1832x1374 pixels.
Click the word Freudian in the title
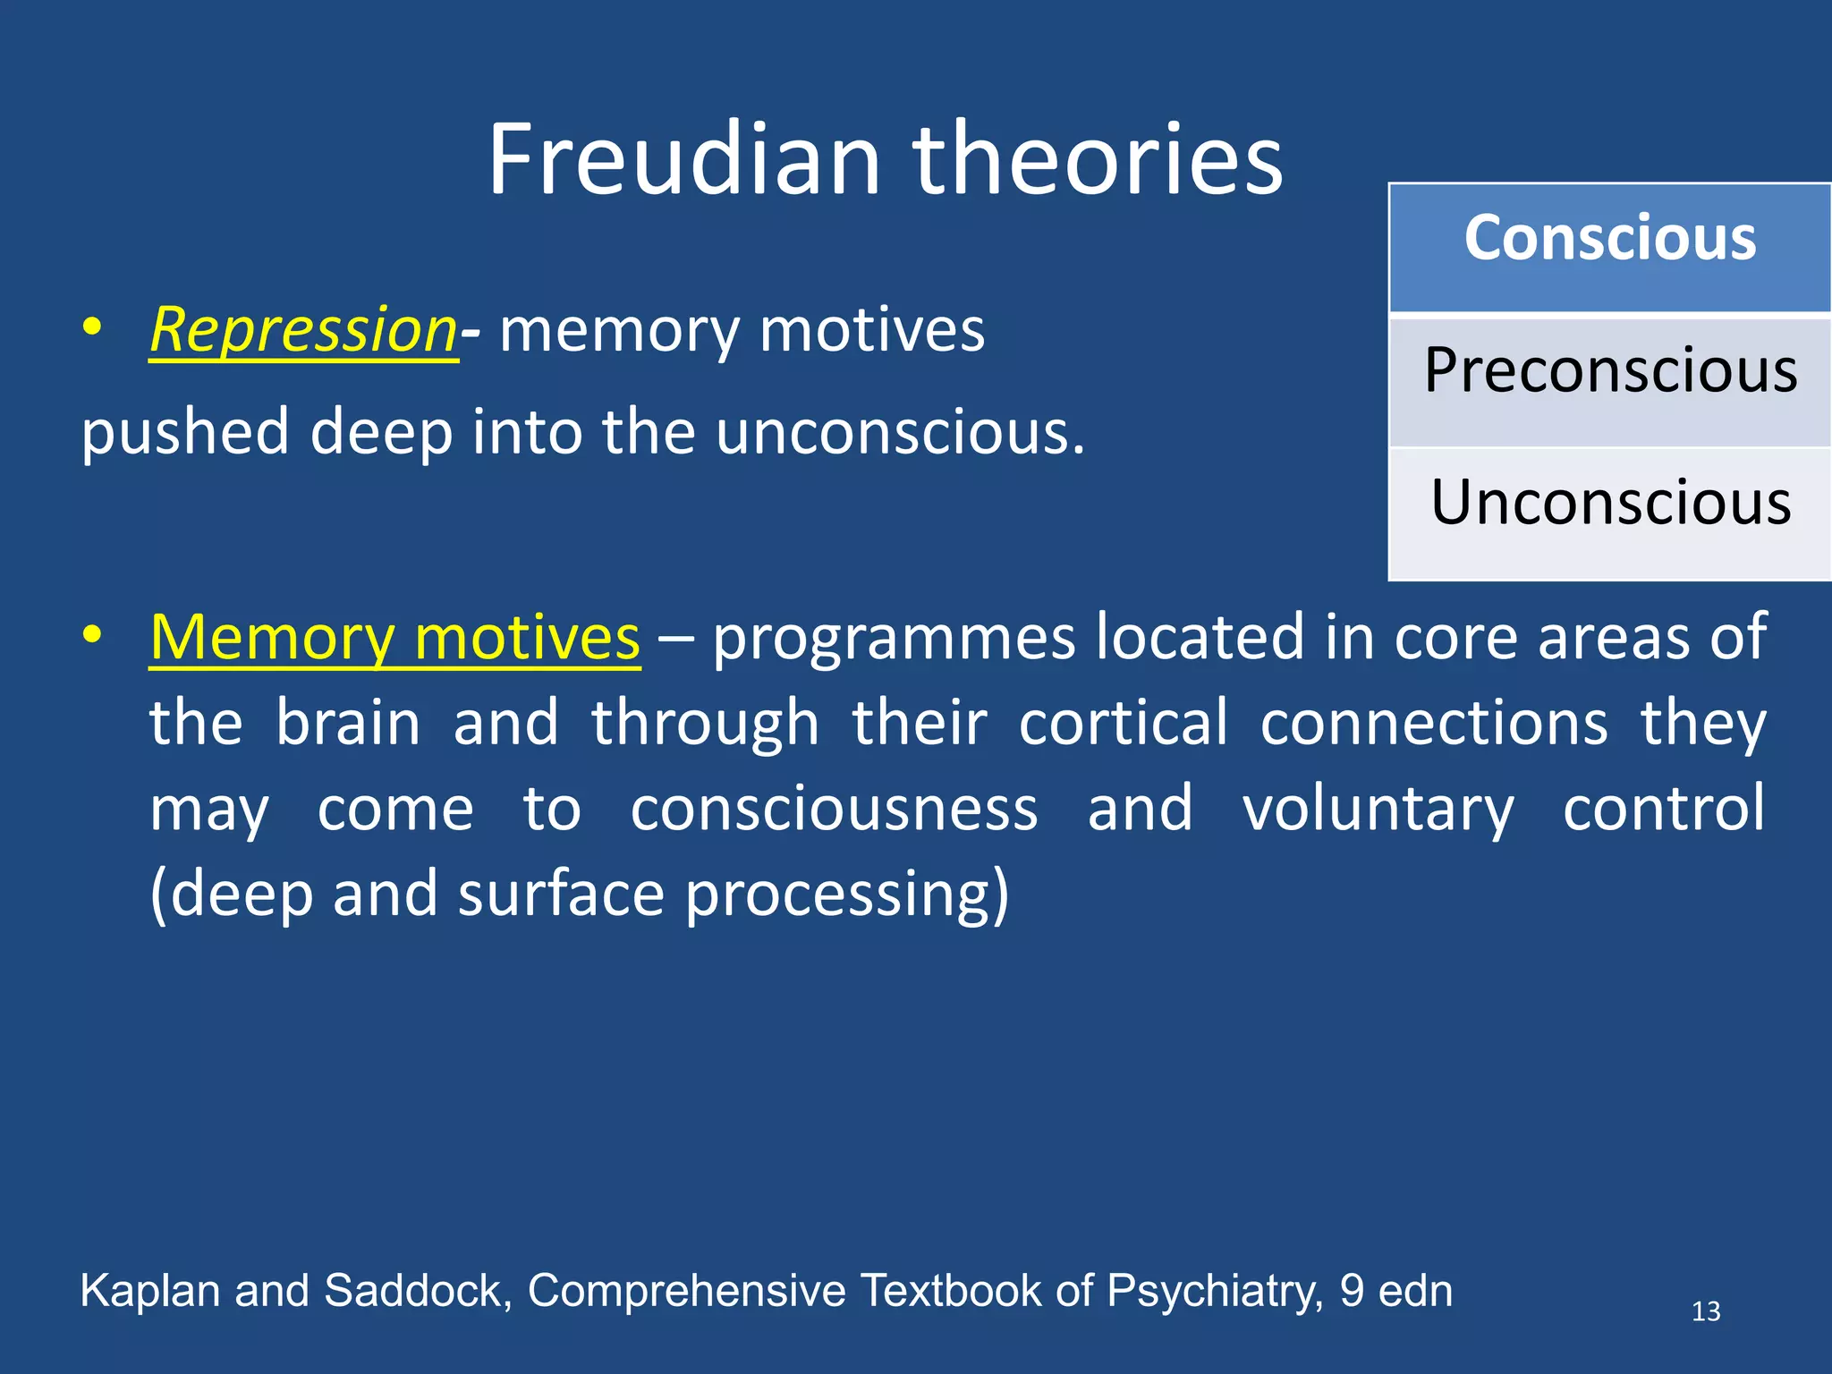(684, 161)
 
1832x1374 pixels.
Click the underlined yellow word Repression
(303, 331)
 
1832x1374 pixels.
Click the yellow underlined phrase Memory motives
(394, 638)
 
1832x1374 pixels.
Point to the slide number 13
(1705, 1311)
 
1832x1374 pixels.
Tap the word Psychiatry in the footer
(1214, 1292)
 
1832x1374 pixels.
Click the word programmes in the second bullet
(894, 638)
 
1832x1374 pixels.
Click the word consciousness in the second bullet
(834, 809)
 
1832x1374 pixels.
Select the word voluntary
(1378, 809)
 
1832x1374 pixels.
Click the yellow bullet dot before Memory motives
(91, 634)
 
